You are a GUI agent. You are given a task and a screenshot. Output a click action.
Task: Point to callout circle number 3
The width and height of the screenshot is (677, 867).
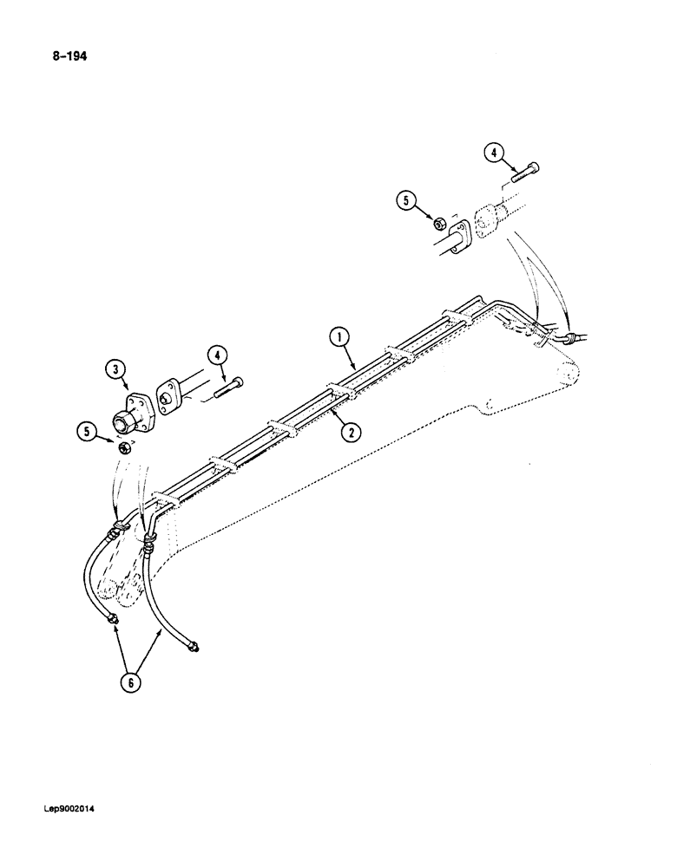pyautogui.click(x=114, y=371)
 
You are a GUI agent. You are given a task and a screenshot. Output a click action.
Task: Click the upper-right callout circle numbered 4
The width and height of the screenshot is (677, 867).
pyautogui.click(x=494, y=154)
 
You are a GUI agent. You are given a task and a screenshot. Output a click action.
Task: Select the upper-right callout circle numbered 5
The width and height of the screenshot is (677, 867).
pyautogui.click(x=405, y=203)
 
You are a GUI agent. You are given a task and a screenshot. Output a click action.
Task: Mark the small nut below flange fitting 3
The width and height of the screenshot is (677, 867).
pyautogui.click(x=125, y=449)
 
